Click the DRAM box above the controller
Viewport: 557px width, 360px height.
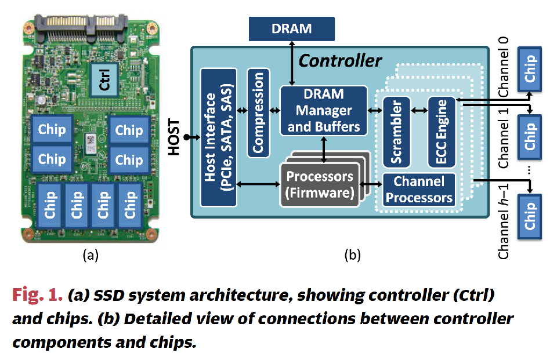click(292, 28)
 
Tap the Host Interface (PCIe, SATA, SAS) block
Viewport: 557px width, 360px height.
click(218, 137)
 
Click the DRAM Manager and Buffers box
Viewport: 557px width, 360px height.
click(323, 110)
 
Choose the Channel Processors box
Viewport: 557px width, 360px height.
click(419, 190)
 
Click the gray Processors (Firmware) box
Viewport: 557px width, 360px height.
click(319, 184)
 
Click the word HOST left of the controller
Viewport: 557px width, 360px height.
click(173, 137)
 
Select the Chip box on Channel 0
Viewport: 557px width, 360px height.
click(529, 68)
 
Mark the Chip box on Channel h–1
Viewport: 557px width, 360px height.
click(529, 217)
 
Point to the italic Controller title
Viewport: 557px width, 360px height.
click(340, 60)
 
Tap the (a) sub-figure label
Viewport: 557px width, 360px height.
click(89, 254)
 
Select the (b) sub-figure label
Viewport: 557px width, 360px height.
click(352, 254)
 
